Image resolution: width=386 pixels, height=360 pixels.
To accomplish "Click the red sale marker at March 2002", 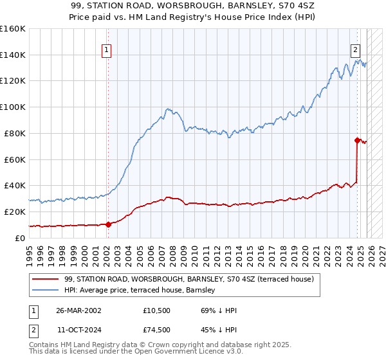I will click(108, 224).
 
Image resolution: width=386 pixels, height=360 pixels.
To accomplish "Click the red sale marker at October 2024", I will click(357, 139).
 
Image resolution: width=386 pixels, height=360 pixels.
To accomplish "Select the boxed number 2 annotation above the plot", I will click(354, 48).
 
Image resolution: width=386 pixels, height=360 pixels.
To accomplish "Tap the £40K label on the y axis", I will click(15, 185).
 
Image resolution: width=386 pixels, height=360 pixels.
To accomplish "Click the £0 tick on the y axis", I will click(21, 237).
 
